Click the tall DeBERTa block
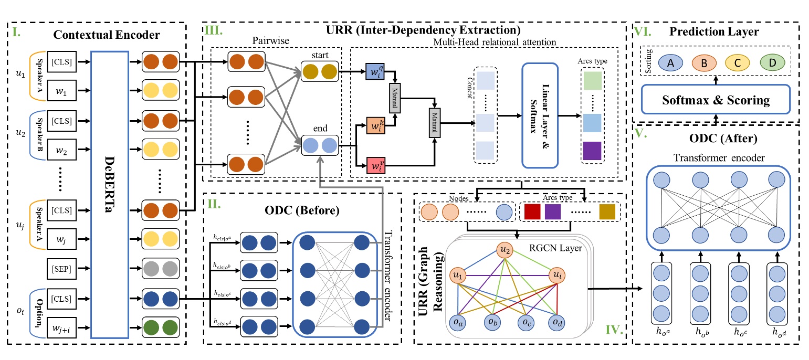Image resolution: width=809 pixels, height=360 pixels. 110,194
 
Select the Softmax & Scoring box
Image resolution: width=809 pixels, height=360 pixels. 716,99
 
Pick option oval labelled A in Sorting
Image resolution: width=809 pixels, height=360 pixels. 670,63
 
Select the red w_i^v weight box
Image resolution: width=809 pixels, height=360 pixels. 376,167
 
